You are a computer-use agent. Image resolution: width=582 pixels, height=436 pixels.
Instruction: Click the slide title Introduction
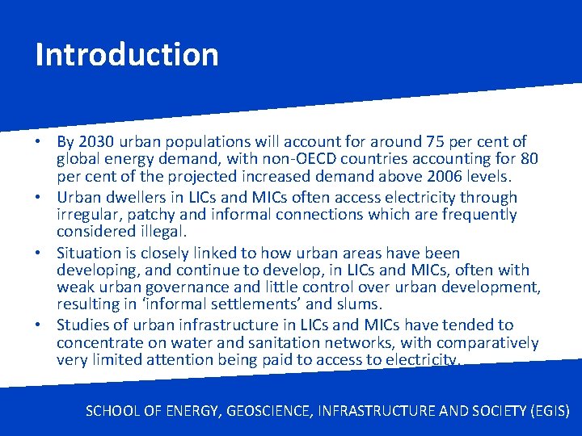tap(127, 55)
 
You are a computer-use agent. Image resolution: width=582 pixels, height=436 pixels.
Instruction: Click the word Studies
tap(82, 325)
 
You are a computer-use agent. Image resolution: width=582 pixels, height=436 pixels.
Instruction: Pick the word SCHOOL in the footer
tap(114, 410)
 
